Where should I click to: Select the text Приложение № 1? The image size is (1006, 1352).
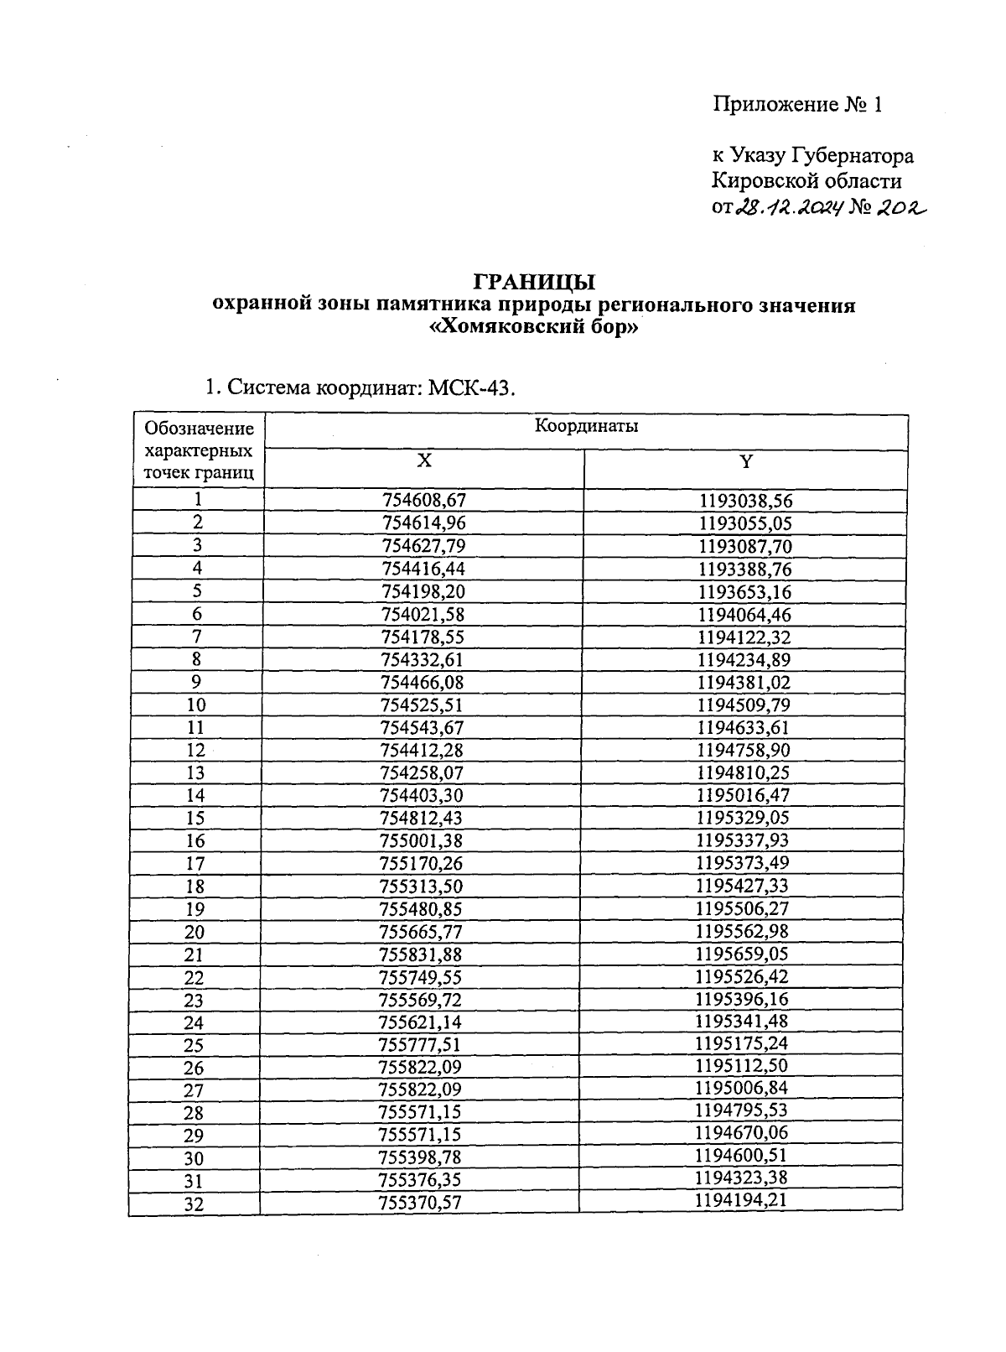point(797,105)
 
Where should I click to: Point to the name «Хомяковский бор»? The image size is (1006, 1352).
point(534,328)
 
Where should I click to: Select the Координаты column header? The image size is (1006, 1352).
point(586,426)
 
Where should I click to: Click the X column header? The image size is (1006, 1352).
point(424,461)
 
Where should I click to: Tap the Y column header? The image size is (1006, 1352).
point(745,461)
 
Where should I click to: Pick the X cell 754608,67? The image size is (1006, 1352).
point(423,501)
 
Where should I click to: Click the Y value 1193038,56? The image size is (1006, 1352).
point(745,502)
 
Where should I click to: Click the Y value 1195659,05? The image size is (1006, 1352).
point(743,954)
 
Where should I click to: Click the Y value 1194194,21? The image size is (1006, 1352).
point(741,1200)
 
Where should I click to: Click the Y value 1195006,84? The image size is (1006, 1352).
point(742,1088)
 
